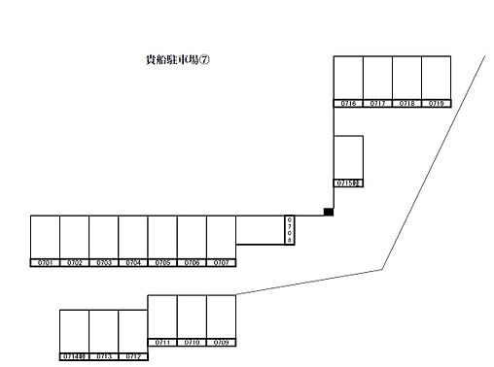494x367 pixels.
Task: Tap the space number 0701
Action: pos(45,263)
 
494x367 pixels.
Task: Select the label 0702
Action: pos(74,263)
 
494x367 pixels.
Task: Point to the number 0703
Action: pos(104,263)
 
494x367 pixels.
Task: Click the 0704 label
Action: pos(133,263)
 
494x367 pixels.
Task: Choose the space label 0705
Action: pos(162,263)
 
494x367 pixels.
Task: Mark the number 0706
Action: pos(192,263)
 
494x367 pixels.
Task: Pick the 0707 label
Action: pos(221,263)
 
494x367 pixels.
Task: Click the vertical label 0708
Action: pos(289,229)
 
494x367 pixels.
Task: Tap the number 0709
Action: pos(221,343)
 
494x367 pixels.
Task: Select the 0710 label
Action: pos(192,343)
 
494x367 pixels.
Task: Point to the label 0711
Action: pos(162,343)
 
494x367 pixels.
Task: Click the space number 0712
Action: pos(133,356)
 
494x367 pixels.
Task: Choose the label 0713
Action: pos(104,356)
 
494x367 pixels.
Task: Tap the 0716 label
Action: pos(348,103)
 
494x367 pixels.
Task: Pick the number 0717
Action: pos(377,103)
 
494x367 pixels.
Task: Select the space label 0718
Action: pos(406,103)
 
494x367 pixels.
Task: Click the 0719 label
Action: pos(436,103)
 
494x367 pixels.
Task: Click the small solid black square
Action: pos(329,213)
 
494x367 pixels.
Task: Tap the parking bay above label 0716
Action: pos(348,78)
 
